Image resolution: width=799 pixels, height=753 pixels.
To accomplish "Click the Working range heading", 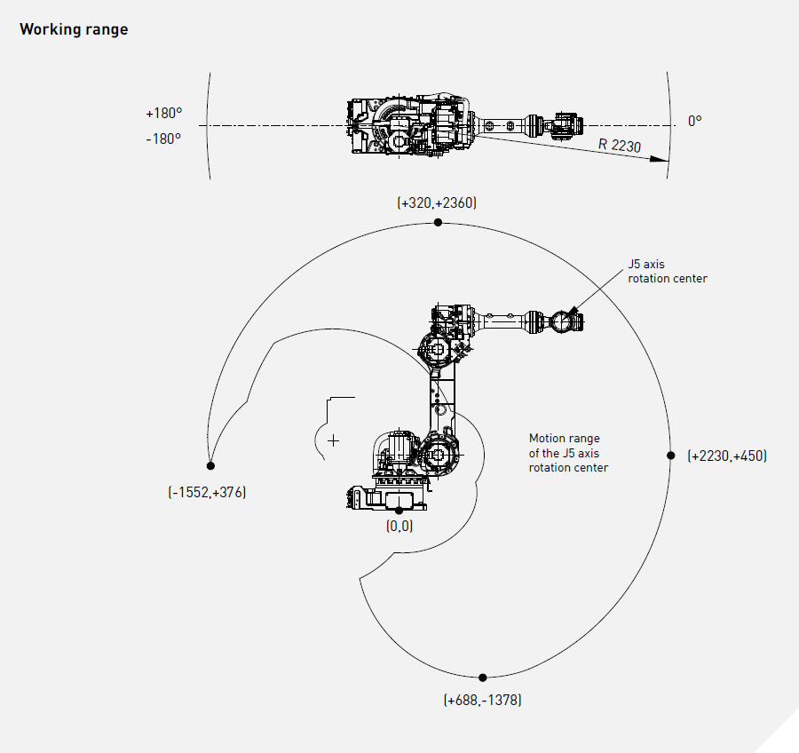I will pos(74,29).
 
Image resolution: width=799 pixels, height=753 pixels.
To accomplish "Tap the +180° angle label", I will pos(163,114).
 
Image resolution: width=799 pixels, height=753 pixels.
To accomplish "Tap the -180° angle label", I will pos(163,139).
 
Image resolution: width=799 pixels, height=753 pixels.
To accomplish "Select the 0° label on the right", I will pos(694,121).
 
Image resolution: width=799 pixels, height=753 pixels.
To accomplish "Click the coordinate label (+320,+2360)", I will pos(437,203).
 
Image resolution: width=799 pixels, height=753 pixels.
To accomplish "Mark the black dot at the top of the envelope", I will pos(438,223).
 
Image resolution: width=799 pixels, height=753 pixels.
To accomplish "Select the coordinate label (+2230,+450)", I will pos(727,456).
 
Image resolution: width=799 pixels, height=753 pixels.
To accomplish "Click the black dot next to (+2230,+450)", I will pos(671,455).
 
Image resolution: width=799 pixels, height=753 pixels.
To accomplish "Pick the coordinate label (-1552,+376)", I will pos(207,492).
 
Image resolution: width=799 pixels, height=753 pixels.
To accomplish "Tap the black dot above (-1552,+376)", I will pos(210,465).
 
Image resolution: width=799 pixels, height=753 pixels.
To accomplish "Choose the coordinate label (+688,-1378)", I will pos(482,700).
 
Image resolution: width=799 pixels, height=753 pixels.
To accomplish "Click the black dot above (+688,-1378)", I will pos(482,678).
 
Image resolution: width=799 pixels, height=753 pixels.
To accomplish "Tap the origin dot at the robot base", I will pos(399,510).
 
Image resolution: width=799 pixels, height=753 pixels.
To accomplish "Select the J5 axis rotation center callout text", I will pos(668,271).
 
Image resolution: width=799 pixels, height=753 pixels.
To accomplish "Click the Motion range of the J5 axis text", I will pos(568,453).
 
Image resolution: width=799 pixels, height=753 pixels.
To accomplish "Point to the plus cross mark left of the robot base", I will pos(333,440).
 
